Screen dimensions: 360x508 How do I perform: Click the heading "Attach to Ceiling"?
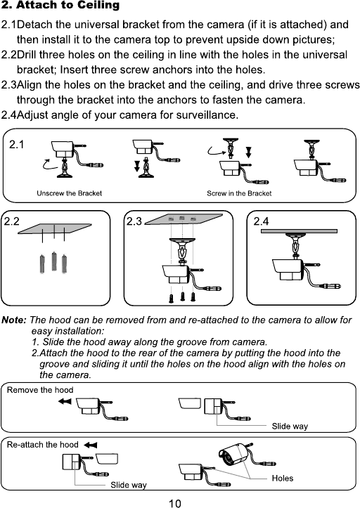click(x=67, y=5)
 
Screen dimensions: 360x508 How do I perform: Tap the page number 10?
click(x=175, y=503)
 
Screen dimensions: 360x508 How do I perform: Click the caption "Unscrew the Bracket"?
click(x=69, y=193)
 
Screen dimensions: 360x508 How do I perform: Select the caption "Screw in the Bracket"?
click(x=239, y=193)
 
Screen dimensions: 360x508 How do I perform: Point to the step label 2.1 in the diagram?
click(x=17, y=145)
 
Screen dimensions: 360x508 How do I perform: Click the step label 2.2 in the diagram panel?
click(x=12, y=221)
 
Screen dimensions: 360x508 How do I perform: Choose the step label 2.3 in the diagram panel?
click(x=134, y=221)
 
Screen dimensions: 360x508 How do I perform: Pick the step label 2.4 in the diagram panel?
click(x=262, y=221)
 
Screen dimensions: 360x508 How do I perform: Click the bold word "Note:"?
click(x=14, y=320)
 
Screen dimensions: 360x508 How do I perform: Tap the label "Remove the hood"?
click(x=40, y=390)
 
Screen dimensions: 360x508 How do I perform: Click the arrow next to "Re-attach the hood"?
click(x=90, y=445)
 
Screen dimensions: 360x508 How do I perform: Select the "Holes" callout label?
click(x=283, y=478)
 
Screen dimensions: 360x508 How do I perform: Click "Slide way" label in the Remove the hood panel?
click(x=290, y=426)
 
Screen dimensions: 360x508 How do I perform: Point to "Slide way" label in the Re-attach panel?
click(x=129, y=485)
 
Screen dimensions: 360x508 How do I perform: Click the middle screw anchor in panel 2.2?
click(x=54, y=261)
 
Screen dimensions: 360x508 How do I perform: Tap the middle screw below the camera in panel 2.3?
click(x=183, y=297)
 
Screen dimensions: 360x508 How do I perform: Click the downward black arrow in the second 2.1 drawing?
click(x=137, y=167)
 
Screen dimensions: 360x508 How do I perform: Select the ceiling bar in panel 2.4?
click(x=299, y=231)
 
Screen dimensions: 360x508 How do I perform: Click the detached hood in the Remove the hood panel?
click(x=190, y=404)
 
